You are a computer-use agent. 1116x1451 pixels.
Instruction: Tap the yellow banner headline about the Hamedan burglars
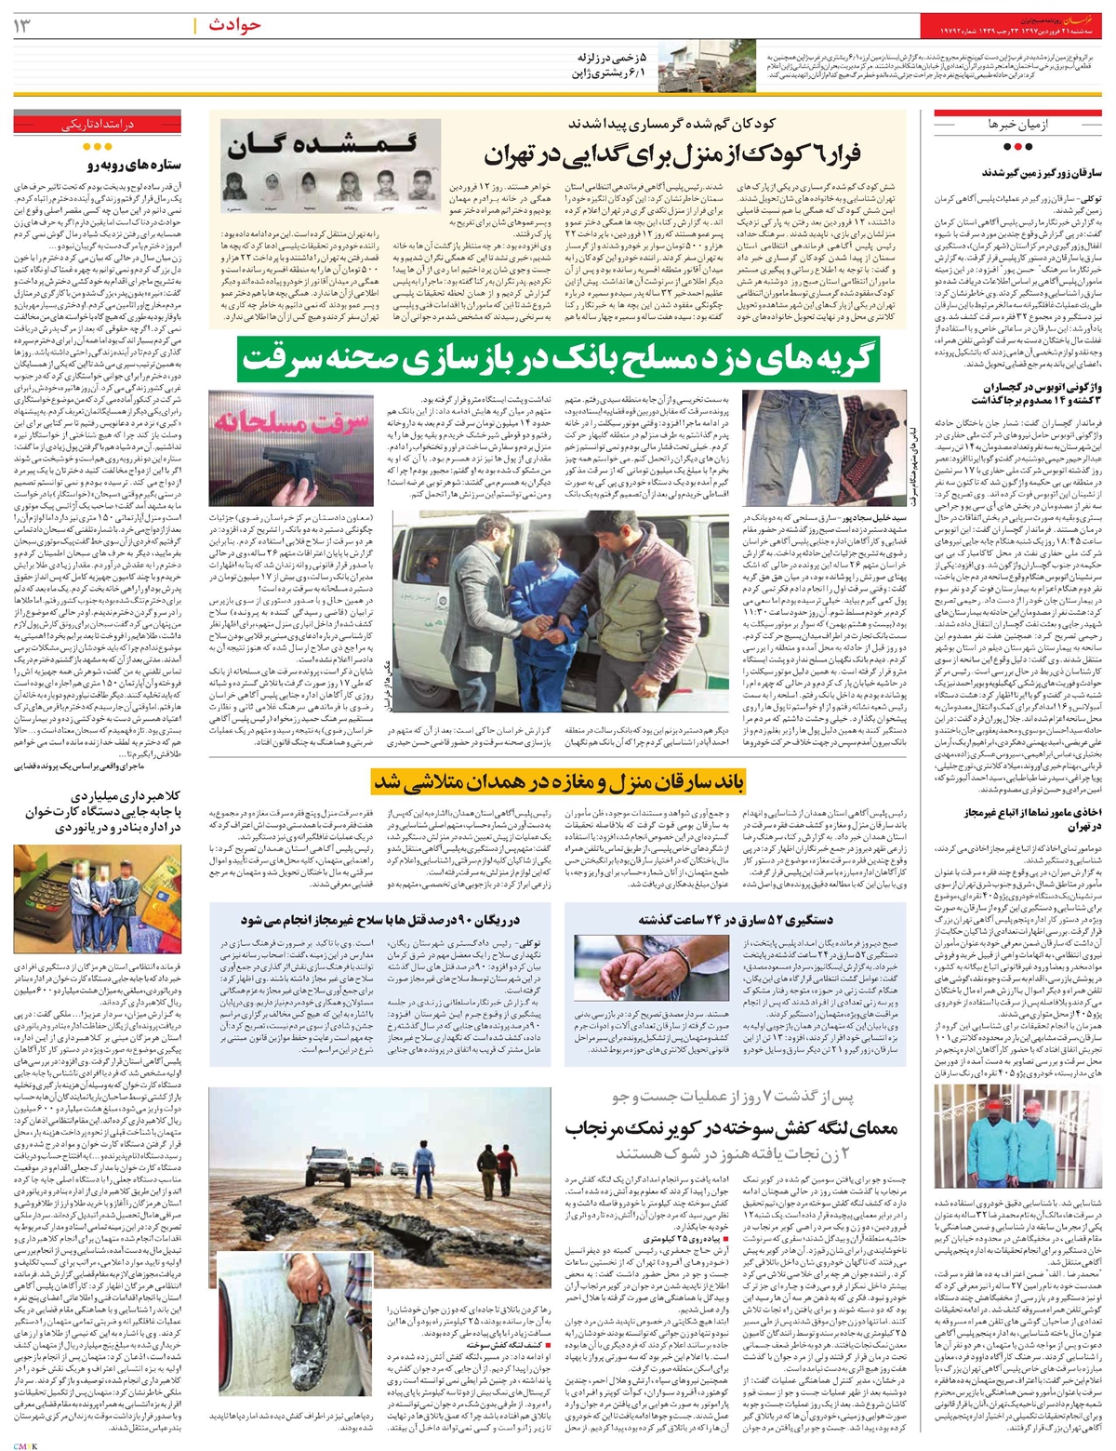click(x=559, y=781)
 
